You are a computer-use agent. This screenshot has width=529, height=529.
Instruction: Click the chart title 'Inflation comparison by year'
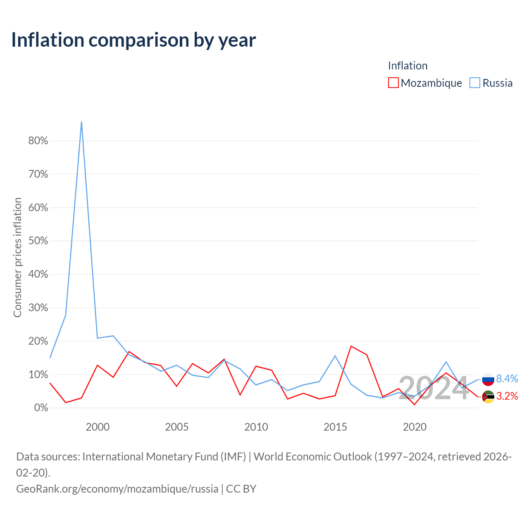(x=133, y=40)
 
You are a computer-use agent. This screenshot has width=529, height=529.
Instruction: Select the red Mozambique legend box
(x=393, y=83)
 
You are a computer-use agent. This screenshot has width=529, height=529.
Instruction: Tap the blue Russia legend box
(x=474, y=83)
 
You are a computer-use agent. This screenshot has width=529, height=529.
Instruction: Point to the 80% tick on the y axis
(x=38, y=141)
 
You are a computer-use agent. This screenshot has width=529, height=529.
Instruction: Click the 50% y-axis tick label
(x=38, y=241)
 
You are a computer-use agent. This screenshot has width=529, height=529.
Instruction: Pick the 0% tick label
(x=41, y=407)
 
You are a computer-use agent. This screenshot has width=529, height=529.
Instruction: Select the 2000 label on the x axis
(x=98, y=427)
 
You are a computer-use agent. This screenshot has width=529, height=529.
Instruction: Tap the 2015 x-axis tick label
(x=335, y=427)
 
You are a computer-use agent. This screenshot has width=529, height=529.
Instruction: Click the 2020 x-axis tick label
(x=415, y=427)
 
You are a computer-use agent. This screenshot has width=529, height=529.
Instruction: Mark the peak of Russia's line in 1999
(x=81, y=122)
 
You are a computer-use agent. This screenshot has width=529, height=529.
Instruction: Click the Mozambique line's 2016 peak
(x=351, y=346)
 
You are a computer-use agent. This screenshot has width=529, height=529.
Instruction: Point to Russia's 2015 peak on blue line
(x=335, y=356)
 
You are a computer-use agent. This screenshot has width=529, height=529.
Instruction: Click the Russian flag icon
(x=488, y=379)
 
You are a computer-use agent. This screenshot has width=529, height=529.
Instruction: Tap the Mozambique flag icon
(x=488, y=397)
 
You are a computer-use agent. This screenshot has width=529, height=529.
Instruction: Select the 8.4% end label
(x=507, y=379)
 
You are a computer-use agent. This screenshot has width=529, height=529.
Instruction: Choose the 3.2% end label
(x=507, y=396)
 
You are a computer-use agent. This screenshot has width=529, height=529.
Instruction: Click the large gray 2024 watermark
(x=434, y=388)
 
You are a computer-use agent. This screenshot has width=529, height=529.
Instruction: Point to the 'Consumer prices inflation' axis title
(x=17, y=257)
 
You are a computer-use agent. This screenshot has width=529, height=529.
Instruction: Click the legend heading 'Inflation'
(x=407, y=66)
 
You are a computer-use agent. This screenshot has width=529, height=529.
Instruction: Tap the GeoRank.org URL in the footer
(x=117, y=488)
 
